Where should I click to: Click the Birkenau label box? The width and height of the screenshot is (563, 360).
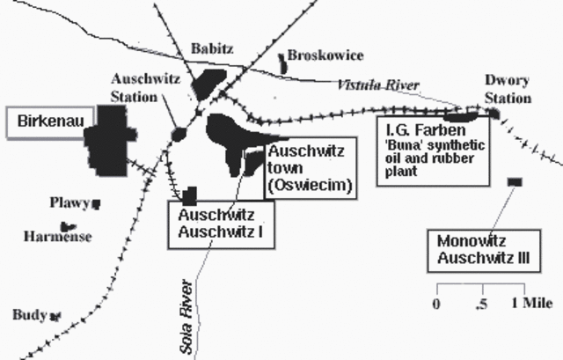pyautogui.click(x=46, y=123)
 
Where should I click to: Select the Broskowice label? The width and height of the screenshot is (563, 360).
pyautogui.click(x=325, y=55)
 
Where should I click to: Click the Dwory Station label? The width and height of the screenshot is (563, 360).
pyautogui.click(x=508, y=89)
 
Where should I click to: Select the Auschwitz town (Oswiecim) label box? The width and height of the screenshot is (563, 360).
pyautogui.click(x=309, y=167)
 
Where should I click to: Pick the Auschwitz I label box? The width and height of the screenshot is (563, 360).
pyautogui.click(x=221, y=224)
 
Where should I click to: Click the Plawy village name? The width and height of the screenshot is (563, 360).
pyautogui.click(x=71, y=203)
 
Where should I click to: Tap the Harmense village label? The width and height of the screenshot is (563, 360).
pyautogui.click(x=58, y=236)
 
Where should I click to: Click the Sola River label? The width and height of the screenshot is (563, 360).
pyautogui.click(x=186, y=317)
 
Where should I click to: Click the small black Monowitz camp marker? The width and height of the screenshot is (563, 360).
pyautogui.click(x=514, y=181)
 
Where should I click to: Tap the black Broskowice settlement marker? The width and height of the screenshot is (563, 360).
pyautogui.click(x=282, y=61)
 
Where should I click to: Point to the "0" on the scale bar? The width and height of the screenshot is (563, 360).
pyautogui.click(x=436, y=304)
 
